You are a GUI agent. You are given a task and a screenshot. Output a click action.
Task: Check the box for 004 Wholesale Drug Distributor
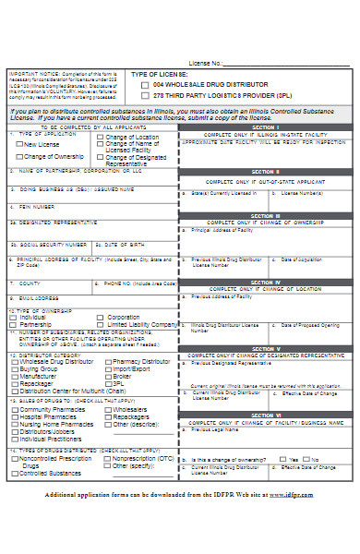click(x=144, y=83)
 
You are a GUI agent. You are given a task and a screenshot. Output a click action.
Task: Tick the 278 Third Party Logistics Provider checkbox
click(x=144, y=94)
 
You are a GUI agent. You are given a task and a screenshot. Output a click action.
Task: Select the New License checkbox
click(x=20, y=145)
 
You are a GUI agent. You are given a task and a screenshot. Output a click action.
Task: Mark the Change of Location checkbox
click(x=101, y=138)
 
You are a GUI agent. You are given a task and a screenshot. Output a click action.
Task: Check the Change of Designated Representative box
click(x=101, y=157)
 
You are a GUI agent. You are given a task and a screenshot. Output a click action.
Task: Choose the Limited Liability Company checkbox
click(x=102, y=325)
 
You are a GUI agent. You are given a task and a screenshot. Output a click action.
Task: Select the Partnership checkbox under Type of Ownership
click(x=14, y=325)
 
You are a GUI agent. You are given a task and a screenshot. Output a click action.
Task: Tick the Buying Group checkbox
click(x=14, y=368)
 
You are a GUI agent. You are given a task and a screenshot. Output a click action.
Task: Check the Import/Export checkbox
click(x=108, y=368)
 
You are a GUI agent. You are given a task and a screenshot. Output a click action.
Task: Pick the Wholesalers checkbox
click(x=108, y=409)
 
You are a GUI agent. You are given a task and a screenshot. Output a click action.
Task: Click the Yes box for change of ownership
click(x=282, y=458)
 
